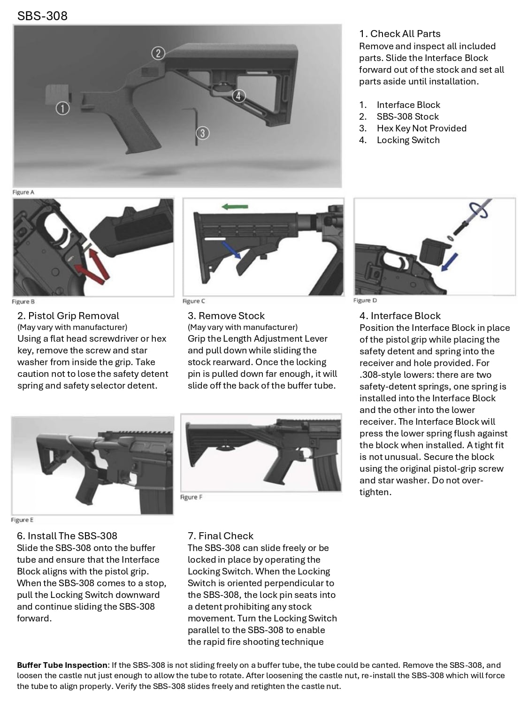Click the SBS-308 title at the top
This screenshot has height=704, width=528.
tap(42, 16)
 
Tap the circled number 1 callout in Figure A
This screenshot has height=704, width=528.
tap(62, 108)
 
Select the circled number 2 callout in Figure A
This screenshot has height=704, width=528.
tap(158, 53)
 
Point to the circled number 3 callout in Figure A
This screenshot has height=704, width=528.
tap(202, 133)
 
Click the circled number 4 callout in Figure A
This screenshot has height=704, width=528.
tap(238, 96)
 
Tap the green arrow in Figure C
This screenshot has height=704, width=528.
tap(235, 207)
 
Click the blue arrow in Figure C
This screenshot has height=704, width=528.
tap(232, 249)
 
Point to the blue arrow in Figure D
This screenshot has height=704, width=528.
tap(450, 261)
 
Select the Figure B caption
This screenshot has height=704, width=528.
tap(23, 302)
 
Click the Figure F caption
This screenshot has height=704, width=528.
tap(191, 497)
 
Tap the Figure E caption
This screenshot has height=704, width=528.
tap(23, 520)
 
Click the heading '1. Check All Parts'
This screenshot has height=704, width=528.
tap(399, 34)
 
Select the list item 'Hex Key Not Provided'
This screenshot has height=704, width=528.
tap(421, 128)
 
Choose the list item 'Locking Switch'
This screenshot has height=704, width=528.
tap(408, 140)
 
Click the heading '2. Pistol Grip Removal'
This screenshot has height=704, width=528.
tap(68, 316)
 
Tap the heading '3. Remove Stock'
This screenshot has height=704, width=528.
tap(226, 316)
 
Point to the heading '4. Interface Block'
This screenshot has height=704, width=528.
tap(400, 316)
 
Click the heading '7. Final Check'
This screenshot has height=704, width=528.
tap(220, 536)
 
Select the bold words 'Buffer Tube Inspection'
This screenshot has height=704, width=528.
tap(62, 665)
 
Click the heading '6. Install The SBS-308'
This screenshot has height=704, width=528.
tap(67, 536)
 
